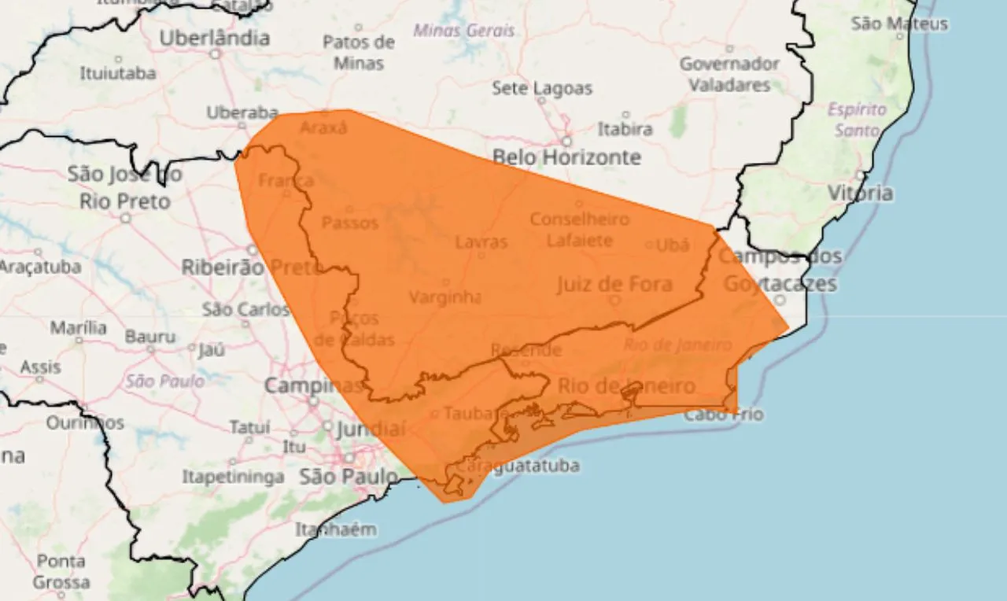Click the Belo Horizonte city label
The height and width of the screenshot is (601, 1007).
566,157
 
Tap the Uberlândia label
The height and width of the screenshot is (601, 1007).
214,38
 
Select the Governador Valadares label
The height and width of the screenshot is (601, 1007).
729,74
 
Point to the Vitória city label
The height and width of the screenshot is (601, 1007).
860,193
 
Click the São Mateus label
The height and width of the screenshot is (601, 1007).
899,24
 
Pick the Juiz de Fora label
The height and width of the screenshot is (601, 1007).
614,284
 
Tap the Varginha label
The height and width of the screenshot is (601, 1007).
444,297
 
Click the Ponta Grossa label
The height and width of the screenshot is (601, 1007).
61,572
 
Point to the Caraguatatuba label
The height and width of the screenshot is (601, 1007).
517,466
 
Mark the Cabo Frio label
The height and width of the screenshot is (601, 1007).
723,414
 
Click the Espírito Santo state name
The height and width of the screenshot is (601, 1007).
857,120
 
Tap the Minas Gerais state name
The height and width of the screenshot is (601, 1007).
464,31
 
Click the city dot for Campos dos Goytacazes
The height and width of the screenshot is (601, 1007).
780,300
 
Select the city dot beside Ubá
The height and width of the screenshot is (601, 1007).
649,245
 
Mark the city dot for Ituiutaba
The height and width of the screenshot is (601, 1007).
118,59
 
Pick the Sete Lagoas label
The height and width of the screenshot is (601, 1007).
542,88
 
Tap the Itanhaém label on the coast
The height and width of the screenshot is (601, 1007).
336,529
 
